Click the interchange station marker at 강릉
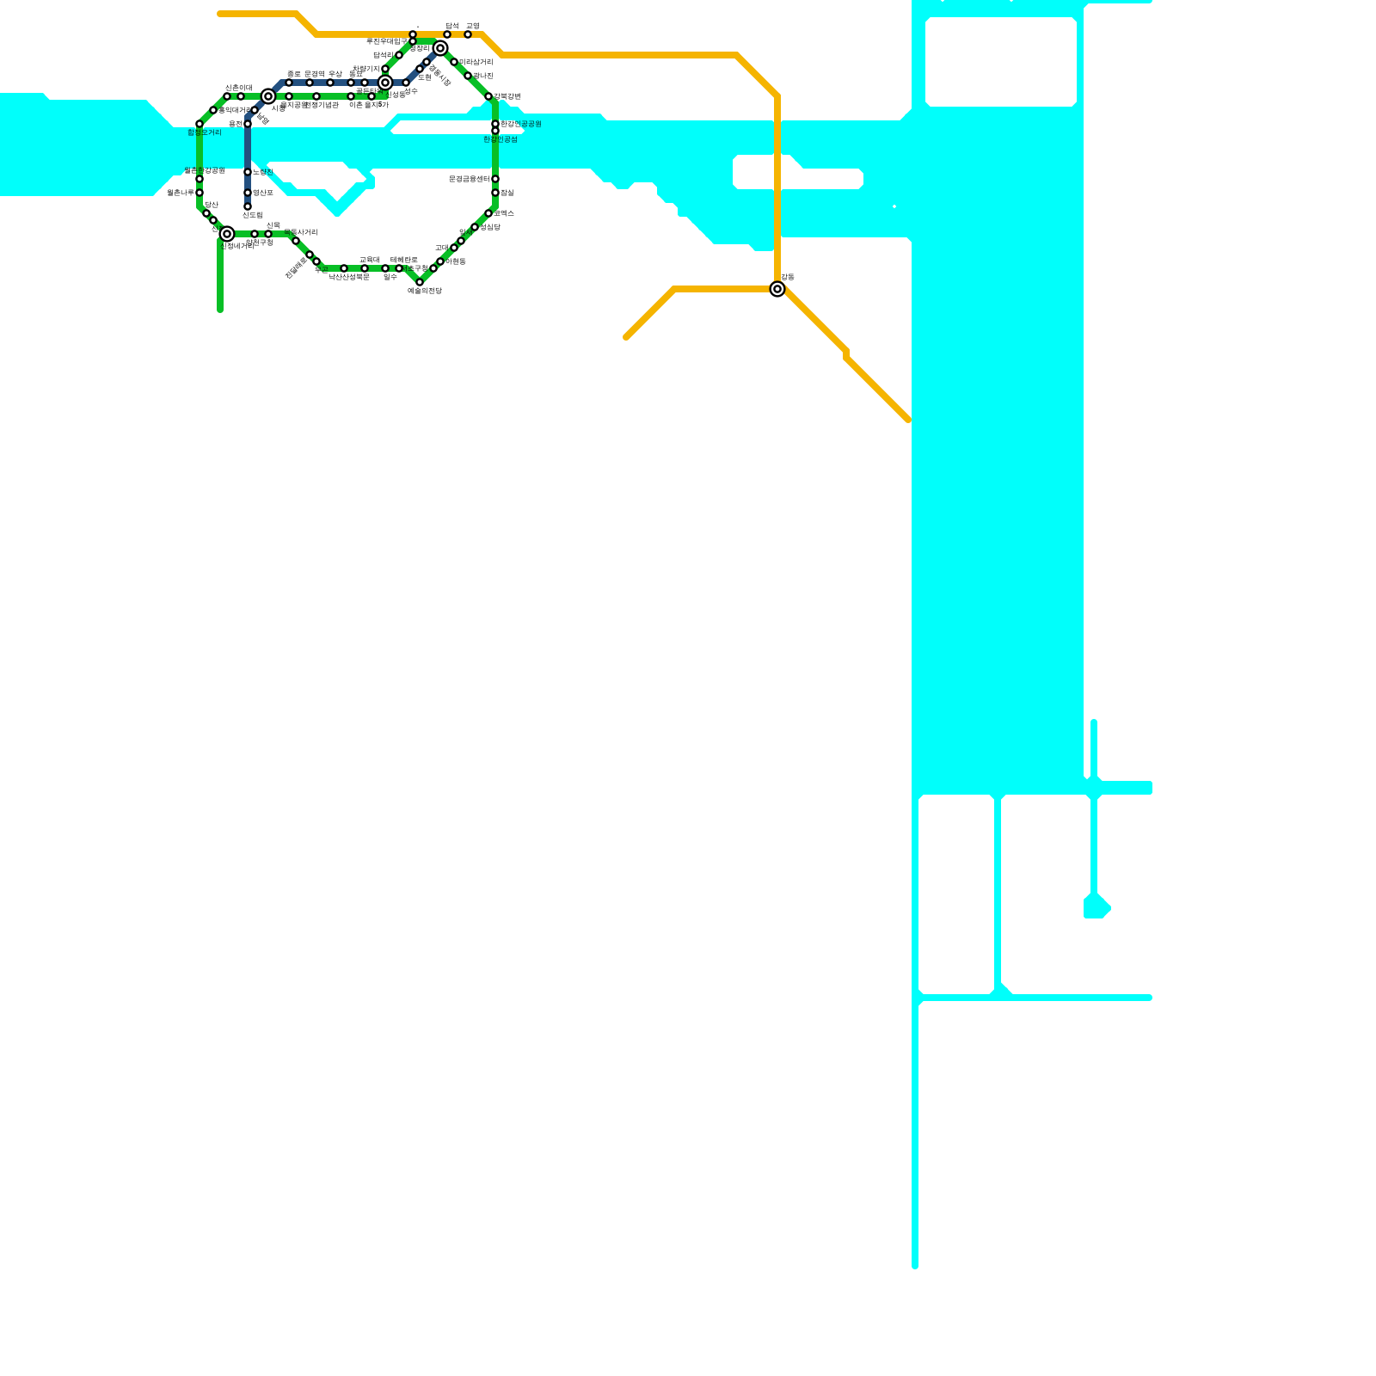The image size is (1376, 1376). click(777, 289)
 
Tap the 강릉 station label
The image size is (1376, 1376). click(788, 277)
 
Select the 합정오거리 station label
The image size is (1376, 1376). click(205, 132)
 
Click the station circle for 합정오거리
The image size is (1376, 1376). click(200, 124)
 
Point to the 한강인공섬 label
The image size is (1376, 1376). click(501, 139)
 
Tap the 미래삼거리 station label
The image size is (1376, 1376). click(476, 62)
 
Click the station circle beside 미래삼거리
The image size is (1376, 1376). click(454, 62)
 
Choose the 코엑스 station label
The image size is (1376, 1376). click(504, 212)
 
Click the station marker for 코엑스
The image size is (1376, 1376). click(488, 213)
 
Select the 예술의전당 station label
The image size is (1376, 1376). click(424, 292)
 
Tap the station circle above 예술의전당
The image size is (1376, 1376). click(420, 282)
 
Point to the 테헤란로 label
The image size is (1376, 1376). click(404, 260)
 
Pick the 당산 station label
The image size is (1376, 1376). click(212, 205)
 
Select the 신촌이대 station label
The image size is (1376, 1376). click(239, 88)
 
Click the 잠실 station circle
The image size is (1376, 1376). click(495, 193)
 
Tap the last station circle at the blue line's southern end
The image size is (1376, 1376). click(248, 206)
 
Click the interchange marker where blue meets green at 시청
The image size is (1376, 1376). click(268, 96)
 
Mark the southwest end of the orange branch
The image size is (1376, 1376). click(627, 337)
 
